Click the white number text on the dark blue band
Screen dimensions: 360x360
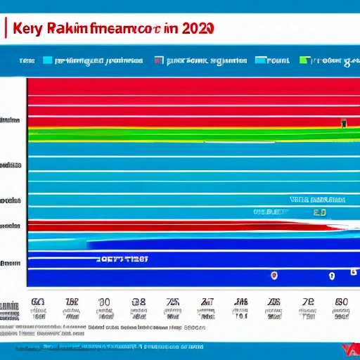click(122, 259)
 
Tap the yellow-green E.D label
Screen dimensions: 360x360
click(319, 212)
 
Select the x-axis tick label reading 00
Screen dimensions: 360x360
click(104, 302)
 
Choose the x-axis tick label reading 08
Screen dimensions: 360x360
click(139, 302)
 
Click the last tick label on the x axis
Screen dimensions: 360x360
click(342, 302)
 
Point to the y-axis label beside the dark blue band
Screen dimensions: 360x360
click(10, 264)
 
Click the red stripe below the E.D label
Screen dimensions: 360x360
click(176, 226)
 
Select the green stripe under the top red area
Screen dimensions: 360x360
click(176, 131)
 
